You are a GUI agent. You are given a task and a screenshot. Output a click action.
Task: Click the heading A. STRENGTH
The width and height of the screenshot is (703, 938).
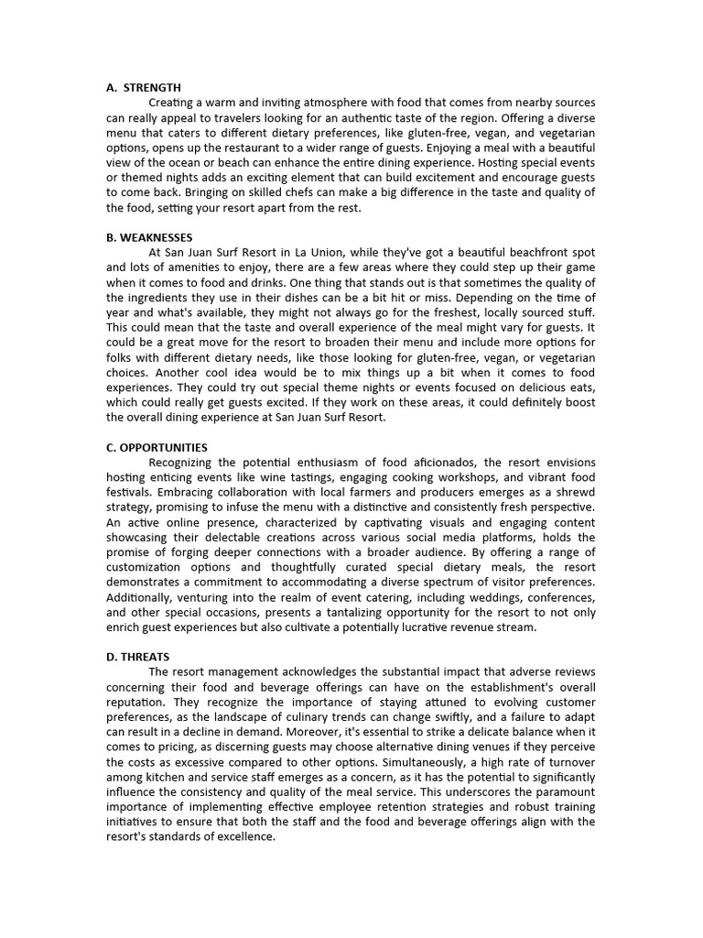144,88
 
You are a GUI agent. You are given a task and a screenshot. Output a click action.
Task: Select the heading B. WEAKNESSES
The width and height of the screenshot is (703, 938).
149,237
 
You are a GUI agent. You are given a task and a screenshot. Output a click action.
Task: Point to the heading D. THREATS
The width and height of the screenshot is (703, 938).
137,656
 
